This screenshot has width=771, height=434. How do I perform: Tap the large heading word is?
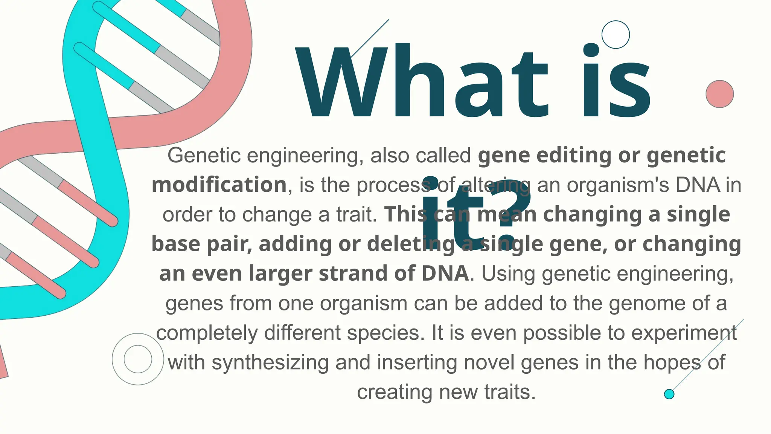point(616,81)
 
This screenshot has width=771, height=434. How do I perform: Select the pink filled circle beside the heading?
point(719,94)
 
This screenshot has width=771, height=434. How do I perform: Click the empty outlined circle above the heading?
point(616,35)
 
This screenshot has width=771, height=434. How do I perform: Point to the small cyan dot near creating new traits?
point(669,394)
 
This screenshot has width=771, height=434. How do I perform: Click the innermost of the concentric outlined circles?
point(138,359)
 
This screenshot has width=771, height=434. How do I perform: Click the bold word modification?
point(219,185)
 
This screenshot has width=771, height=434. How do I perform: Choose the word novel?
point(489,362)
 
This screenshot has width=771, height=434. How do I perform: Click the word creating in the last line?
point(394,392)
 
